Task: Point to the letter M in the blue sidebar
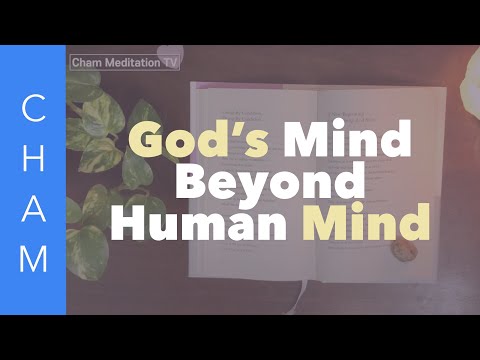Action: point(33,259)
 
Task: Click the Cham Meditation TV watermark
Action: point(125,62)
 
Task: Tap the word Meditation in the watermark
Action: point(134,62)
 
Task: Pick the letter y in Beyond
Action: point(264,188)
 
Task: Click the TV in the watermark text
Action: point(171,62)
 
